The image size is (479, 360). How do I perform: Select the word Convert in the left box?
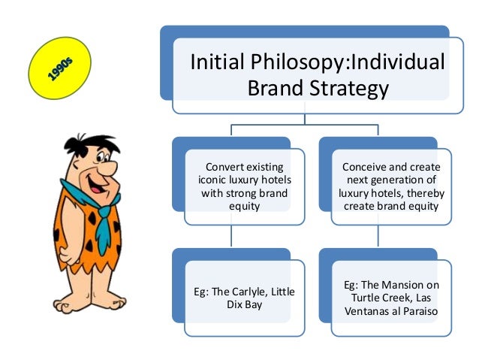(x=225, y=166)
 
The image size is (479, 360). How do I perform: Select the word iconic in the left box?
(x=211, y=180)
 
